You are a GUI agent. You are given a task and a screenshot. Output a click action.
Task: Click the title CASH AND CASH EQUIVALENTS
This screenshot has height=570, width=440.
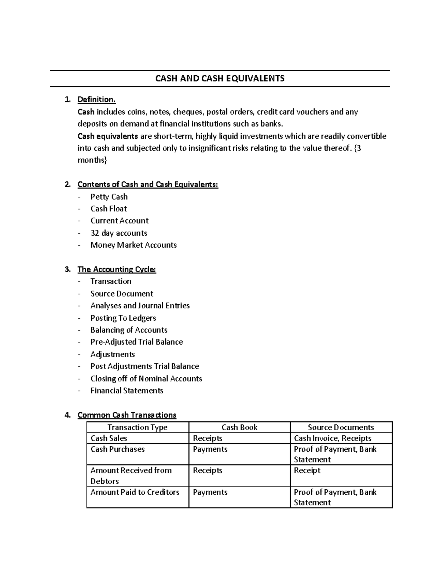(x=220, y=78)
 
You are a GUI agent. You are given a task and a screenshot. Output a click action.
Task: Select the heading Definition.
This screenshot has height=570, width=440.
(x=96, y=99)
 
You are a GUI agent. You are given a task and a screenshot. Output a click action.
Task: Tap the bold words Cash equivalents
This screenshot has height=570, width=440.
(x=108, y=136)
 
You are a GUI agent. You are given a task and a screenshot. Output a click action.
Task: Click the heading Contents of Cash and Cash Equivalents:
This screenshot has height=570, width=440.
(x=148, y=184)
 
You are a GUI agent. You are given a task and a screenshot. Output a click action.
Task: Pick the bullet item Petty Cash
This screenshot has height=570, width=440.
(x=109, y=197)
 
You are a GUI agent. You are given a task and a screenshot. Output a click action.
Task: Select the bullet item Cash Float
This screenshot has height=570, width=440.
(x=109, y=208)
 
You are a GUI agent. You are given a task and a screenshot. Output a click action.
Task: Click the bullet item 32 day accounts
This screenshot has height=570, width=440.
(x=119, y=233)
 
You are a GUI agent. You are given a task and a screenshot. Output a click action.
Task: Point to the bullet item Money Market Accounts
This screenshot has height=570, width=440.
(x=133, y=245)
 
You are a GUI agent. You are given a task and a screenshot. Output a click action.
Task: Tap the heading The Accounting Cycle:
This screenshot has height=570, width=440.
(x=117, y=269)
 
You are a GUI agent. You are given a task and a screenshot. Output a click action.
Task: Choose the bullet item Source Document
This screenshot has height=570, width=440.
(x=122, y=294)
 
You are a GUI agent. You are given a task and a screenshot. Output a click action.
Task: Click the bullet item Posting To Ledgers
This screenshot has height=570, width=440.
(x=123, y=318)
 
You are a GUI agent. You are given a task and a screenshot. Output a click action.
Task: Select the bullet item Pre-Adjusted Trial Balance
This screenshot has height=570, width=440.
(x=136, y=342)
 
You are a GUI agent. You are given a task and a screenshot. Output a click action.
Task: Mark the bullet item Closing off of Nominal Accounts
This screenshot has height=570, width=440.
(x=146, y=378)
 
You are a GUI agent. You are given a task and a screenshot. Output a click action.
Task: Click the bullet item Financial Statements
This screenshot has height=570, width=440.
(x=126, y=391)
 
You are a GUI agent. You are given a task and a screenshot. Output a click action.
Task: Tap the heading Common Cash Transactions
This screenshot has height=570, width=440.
(x=127, y=415)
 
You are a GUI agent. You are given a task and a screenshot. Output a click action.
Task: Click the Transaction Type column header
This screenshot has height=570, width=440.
(x=137, y=427)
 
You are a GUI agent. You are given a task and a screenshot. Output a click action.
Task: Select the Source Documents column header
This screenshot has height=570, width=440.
(x=341, y=427)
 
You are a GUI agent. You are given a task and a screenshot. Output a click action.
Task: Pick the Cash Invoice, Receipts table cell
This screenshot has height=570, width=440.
(x=333, y=438)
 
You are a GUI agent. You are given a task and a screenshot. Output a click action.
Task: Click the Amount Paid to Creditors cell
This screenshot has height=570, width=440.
(x=135, y=492)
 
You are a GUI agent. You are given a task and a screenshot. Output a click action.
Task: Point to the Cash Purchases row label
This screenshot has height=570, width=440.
(x=117, y=449)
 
